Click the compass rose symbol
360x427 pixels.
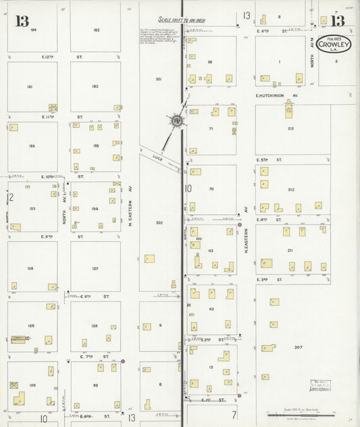point(177,120)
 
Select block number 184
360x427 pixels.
point(32,30)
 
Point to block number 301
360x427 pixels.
point(159,79)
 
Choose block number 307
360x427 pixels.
point(298,347)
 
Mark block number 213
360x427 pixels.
point(290,128)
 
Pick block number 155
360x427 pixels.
point(96,145)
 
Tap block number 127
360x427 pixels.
point(95,269)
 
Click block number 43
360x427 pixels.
point(211,251)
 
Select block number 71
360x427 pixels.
point(211,128)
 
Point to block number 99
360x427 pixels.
point(95,385)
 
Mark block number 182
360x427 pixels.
point(95,86)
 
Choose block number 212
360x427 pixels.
point(291,190)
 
